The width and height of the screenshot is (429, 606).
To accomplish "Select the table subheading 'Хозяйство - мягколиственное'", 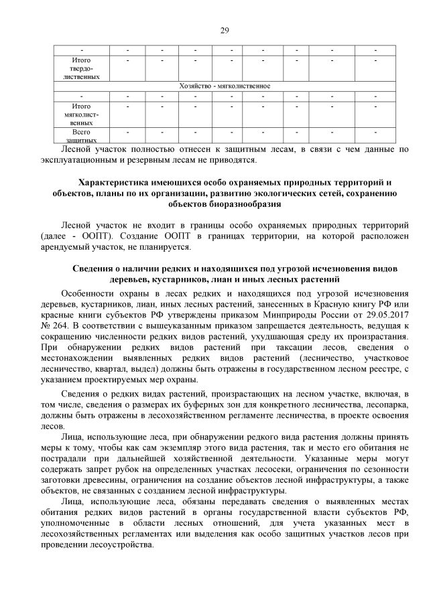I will point(225,86).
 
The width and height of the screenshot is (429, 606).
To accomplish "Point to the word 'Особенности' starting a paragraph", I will point(86,293).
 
